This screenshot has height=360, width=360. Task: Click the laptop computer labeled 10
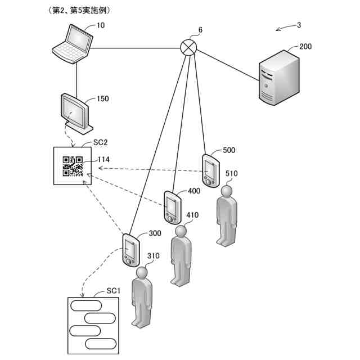tap(73, 44)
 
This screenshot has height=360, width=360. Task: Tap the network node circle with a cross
tap(188, 47)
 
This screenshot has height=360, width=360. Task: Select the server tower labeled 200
tap(279, 78)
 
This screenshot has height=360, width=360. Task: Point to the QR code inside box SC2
tap(73, 166)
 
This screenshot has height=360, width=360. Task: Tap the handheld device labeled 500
tap(211, 171)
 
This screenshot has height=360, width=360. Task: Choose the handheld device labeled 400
tap(173, 208)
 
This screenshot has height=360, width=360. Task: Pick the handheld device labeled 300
tap(131, 250)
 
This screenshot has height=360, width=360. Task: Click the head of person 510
tap(226, 191)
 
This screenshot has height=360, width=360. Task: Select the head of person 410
tap(181, 231)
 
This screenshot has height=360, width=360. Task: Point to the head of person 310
tap(142, 273)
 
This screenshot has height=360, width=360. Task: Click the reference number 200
tap(305, 47)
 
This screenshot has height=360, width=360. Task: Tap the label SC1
tap(114, 291)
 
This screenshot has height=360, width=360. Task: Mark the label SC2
tap(100, 142)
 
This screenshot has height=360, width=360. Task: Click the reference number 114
tap(103, 160)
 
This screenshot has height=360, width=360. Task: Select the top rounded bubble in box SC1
tap(86, 305)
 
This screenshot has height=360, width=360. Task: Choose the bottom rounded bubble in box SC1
tap(101, 344)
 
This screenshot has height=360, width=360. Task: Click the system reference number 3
tap(299, 25)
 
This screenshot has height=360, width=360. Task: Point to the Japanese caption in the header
tap(79, 10)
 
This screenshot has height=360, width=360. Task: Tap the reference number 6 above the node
tap(200, 30)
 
